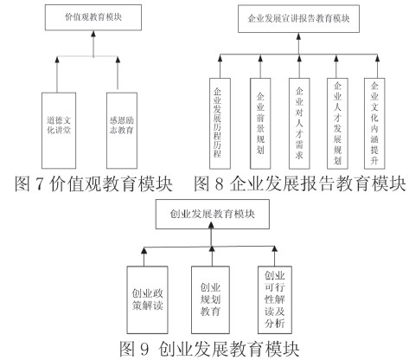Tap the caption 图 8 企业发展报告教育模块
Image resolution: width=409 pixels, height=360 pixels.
[x=298, y=183]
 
